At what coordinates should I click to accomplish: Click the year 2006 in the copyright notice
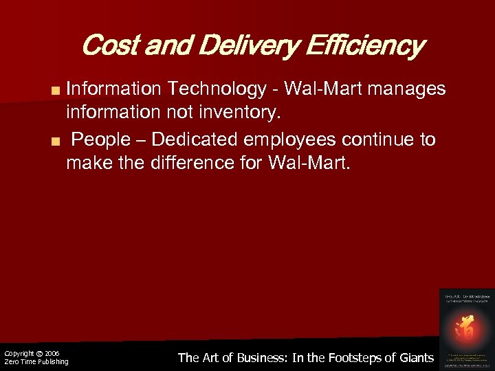click(52, 353)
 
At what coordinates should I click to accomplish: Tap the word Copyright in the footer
click(19, 353)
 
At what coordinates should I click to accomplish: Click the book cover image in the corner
click(466, 327)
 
